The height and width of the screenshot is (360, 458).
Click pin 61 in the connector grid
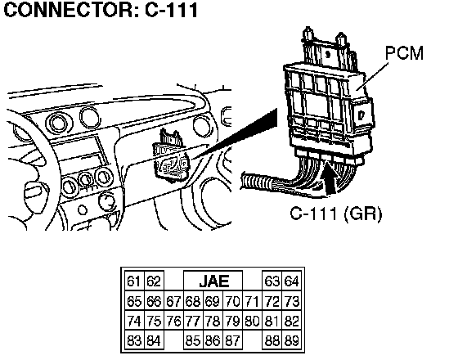click(134, 281)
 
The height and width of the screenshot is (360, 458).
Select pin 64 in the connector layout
click(291, 281)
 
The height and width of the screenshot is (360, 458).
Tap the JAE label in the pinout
click(213, 281)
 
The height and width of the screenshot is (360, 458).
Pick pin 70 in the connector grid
click(233, 301)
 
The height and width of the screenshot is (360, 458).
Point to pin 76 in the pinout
click(173, 321)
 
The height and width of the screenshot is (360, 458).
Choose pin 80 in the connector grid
click(253, 321)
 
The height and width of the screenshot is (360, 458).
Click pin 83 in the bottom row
click(134, 340)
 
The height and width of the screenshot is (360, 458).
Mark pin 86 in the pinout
click(213, 340)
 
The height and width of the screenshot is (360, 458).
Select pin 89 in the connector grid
click(291, 340)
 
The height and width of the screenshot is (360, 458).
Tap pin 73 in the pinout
click(291, 301)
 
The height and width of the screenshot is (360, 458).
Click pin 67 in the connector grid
click(173, 301)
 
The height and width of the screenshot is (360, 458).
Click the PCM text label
click(405, 53)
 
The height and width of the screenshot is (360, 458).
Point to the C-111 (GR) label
click(336, 214)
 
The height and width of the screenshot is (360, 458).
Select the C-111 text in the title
click(172, 9)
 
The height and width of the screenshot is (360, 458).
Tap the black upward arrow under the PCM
click(330, 178)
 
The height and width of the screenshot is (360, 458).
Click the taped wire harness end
click(257, 182)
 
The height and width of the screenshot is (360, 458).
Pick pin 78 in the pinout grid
click(213, 321)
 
